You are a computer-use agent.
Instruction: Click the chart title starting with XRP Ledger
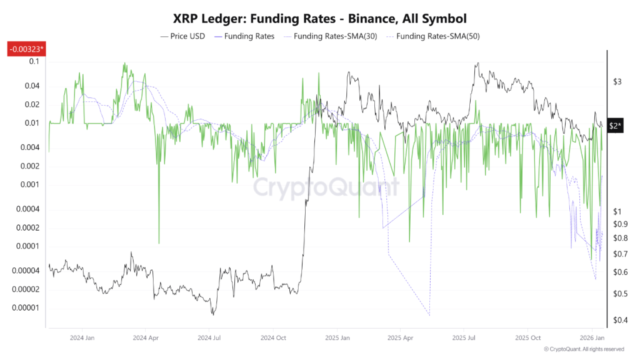pyautogui.click(x=320, y=19)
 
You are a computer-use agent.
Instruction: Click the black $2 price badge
pyautogui.click(x=616, y=126)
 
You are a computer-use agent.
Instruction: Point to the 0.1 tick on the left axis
pyautogui.click(x=34, y=61)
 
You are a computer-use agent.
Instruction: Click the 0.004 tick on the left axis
pyautogui.click(x=30, y=147)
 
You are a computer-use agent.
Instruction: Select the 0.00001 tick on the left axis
pyautogui.click(x=26, y=307)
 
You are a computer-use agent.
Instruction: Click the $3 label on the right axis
pyautogui.click(x=617, y=82)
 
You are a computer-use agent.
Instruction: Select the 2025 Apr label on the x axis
pyautogui.click(x=401, y=337)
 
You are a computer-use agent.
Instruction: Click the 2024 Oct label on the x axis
pyautogui.click(x=272, y=337)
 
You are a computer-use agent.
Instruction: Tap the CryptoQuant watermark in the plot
pyautogui.click(x=325, y=186)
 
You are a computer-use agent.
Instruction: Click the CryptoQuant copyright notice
pyautogui.click(x=584, y=349)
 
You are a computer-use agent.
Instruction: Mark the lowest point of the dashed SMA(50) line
pyautogui.click(x=429, y=316)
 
